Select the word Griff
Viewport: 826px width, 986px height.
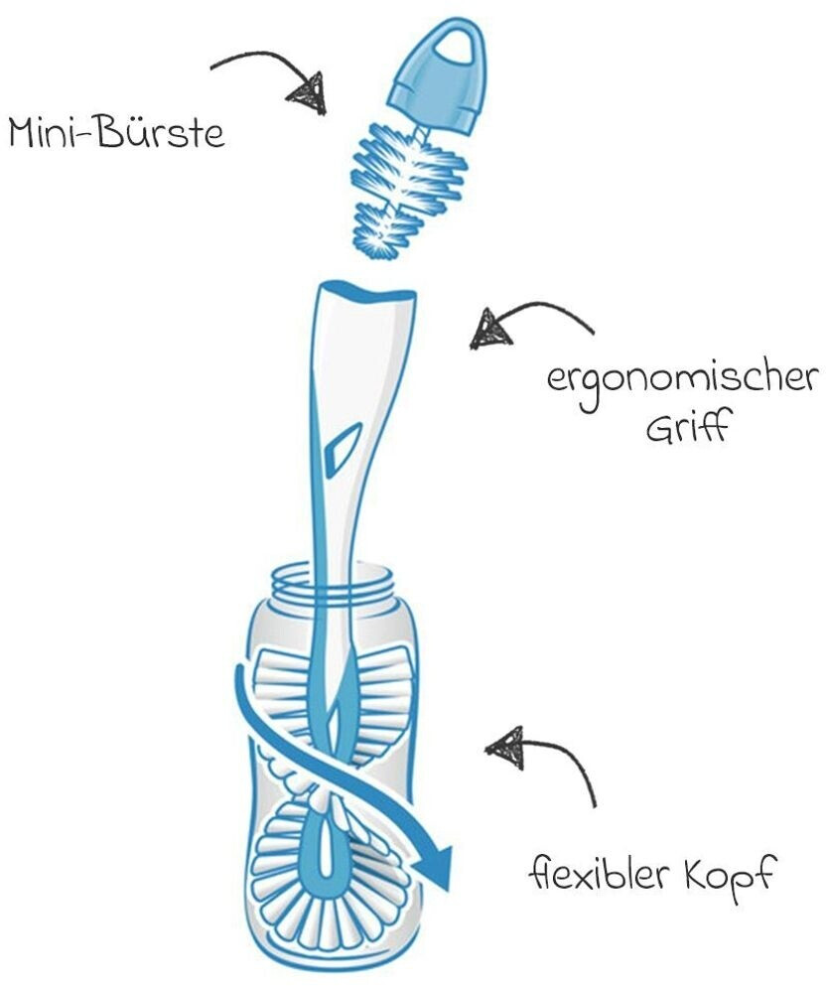coord(686,432)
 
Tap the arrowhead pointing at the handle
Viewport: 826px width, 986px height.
coord(490,328)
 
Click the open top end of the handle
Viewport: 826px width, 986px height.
coord(365,292)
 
